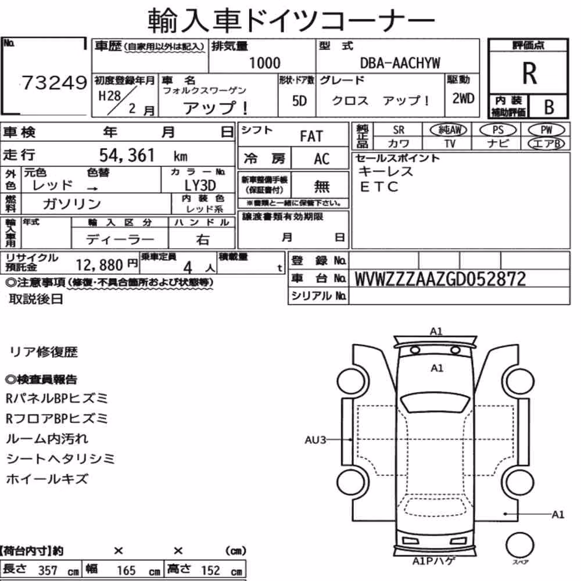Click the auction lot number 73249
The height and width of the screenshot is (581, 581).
click(54, 83)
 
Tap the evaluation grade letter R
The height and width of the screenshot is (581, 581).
click(529, 73)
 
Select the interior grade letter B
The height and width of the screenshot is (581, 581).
click(549, 107)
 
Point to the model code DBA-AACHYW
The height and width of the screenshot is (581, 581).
click(400, 63)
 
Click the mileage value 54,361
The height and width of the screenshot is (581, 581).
click(127, 155)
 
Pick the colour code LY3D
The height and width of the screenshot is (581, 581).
click(200, 185)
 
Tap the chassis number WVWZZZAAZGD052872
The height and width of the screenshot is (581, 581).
click(440, 279)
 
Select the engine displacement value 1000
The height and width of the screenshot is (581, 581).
click(264, 63)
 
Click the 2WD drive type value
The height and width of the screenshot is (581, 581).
click(463, 99)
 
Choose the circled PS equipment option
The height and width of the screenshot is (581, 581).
click(498, 130)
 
